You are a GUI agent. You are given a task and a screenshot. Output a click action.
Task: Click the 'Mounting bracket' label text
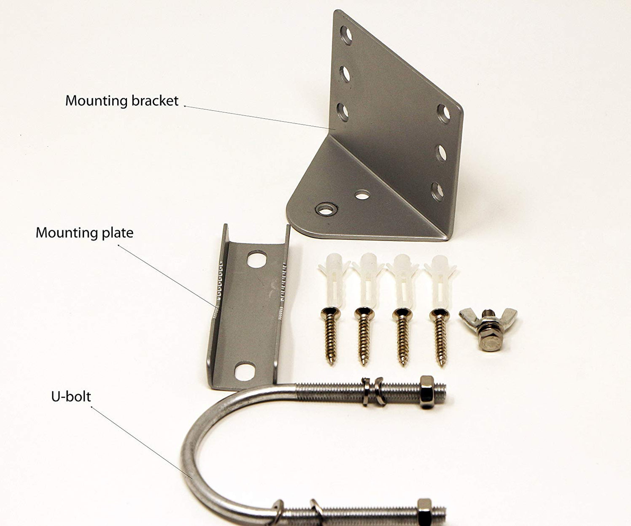(x=122, y=101)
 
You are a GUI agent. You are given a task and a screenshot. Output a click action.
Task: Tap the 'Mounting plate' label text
(x=84, y=233)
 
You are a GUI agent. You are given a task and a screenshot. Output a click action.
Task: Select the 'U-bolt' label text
(x=71, y=397)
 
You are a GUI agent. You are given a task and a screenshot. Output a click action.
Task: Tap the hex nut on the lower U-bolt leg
(x=425, y=512)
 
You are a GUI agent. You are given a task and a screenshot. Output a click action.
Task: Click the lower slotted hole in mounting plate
(x=245, y=371)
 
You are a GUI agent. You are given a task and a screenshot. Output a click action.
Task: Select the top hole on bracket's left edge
(x=346, y=35)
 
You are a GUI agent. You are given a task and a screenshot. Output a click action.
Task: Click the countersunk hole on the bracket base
(x=326, y=209)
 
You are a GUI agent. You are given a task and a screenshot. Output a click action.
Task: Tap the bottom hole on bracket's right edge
(x=438, y=190)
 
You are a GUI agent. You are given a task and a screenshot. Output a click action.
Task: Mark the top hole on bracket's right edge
(x=444, y=114)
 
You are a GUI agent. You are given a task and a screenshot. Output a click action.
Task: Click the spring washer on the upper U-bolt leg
(x=378, y=392)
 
